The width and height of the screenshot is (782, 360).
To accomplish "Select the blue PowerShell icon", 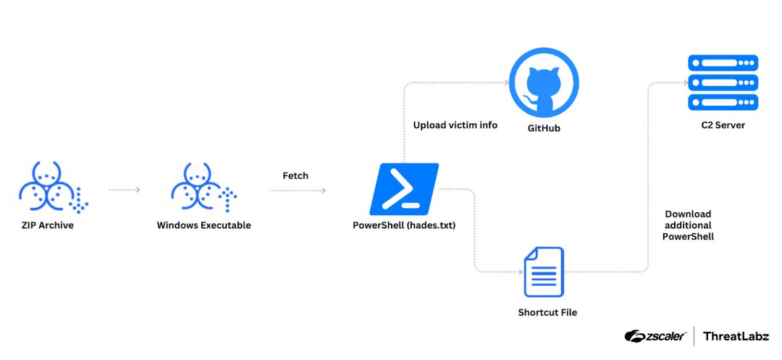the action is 404,189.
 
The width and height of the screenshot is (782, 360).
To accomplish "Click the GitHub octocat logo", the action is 544,83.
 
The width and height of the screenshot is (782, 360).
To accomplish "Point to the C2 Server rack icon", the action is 723,83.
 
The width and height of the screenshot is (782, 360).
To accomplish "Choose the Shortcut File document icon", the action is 544,272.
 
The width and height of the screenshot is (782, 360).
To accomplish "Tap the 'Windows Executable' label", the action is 203,225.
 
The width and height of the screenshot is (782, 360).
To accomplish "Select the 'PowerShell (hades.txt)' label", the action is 404,225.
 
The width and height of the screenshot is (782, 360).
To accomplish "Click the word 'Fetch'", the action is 295,175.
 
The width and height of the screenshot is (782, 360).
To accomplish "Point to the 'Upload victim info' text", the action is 455,125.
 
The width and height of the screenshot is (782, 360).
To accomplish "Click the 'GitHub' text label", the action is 544,129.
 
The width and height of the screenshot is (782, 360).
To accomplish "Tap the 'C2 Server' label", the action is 723,125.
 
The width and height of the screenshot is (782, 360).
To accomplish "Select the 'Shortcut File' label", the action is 547,313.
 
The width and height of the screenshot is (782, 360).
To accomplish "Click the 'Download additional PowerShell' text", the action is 688,225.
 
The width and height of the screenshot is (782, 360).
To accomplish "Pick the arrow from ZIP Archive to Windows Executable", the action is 125,190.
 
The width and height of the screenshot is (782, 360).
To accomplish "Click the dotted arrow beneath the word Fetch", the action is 298,190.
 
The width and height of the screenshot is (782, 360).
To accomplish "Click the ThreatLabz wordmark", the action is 736,336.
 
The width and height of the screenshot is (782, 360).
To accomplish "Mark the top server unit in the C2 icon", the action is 723,63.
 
